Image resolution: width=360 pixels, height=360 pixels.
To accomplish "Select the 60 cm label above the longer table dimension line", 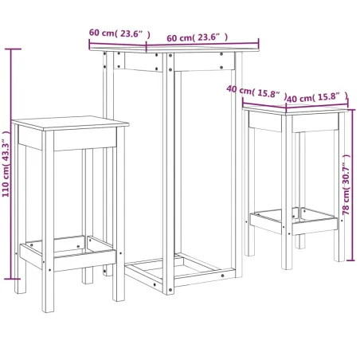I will pyautogui.click(x=197, y=37).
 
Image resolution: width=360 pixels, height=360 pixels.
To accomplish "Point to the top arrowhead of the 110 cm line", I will pyautogui.click(x=11, y=50).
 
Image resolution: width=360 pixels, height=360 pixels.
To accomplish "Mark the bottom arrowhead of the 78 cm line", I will pyautogui.click(x=350, y=259).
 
